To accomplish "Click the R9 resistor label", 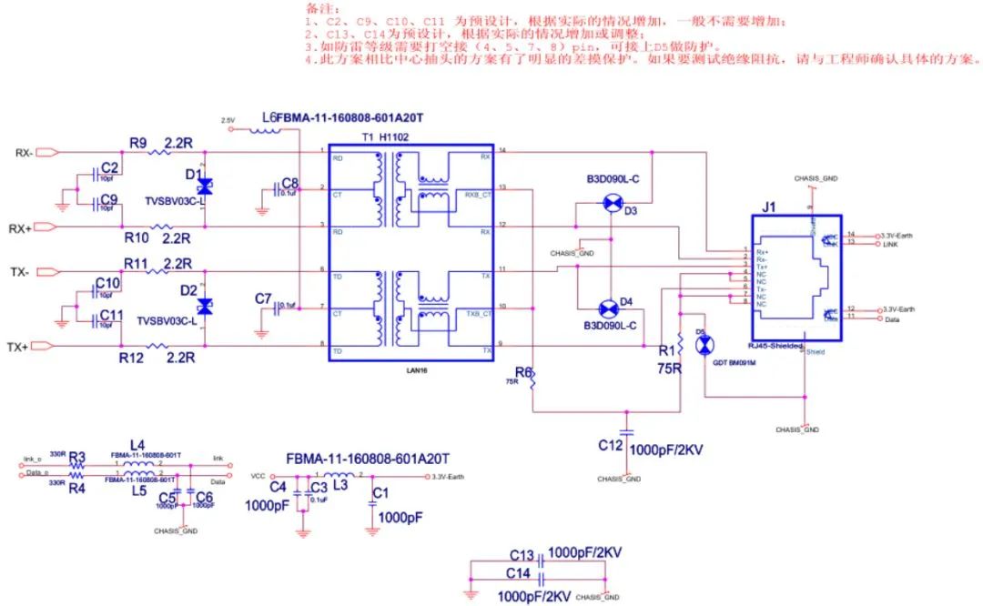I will pyautogui.click(x=138, y=143).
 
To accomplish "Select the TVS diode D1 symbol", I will pyautogui.click(x=205, y=187).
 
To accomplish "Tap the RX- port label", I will pyautogui.click(x=24, y=152).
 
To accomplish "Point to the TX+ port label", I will pyautogui.click(x=19, y=347).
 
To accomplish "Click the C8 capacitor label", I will pyautogui.click(x=289, y=183).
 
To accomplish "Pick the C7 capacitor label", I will pyautogui.click(x=263, y=298).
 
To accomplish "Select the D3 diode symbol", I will pyautogui.click(x=609, y=206).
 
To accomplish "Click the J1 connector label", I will pyautogui.click(x=769, y=207).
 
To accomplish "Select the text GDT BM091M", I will pyautogui.click(x=737, y=363).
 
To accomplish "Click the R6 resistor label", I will pyautogui.click(x=523, y=371).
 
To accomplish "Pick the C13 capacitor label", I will pyautogui.click(x=522, y=555).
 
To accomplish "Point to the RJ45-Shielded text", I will pyautogui.click(x=775, y=346).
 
